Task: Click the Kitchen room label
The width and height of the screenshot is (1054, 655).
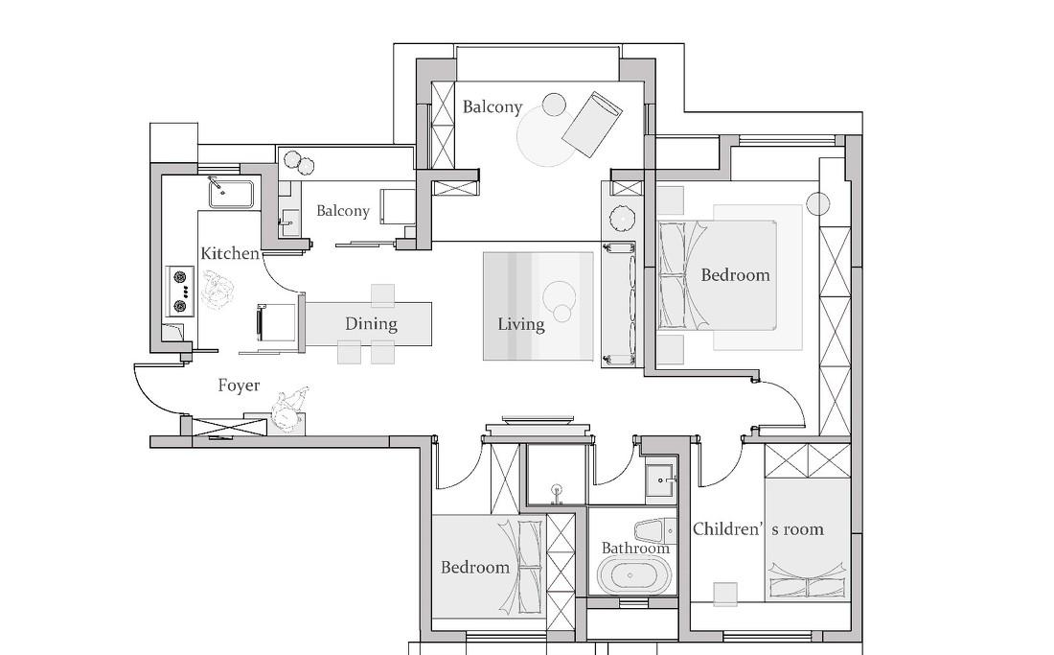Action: pos(230,253)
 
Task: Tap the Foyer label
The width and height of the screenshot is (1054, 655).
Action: pos(239,386)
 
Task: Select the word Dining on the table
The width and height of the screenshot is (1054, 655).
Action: pos(371,324)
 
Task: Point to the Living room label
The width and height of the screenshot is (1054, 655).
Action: pos(521,324)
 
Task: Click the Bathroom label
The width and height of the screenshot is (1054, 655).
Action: pos(635,549)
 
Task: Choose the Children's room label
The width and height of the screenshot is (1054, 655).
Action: pos(758,529)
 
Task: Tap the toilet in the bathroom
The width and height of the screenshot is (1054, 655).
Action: pos(650,531)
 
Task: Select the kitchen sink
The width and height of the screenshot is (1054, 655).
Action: pos(231,194)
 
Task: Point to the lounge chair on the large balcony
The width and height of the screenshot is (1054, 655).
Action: pos(591,124)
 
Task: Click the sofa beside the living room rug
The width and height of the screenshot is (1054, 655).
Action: pos(619,304)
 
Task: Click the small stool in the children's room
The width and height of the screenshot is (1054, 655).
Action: pos(725,593)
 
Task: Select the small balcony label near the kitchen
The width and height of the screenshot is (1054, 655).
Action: pos(343,211)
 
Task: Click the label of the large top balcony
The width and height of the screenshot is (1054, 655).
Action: pos(493,106)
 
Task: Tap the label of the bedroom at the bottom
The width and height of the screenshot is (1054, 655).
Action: pos(475,568)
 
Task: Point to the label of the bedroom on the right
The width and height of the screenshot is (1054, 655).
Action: pos(735,275)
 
